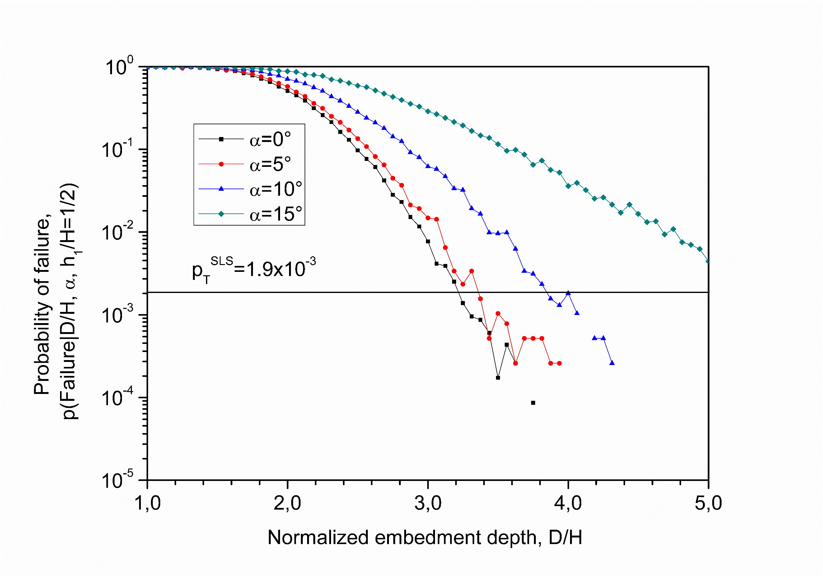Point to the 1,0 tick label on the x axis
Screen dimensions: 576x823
(147, 503)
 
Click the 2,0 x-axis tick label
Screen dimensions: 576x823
(287, 503)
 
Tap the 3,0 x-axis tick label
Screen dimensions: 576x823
(428, 503)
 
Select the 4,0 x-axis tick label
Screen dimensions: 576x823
(568, 503)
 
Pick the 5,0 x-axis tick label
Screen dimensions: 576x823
(708, 503)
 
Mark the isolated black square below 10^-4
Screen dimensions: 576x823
(533, 403)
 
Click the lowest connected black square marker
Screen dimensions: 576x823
(498, 378)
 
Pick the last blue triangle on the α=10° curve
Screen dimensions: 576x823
(612, 363)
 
